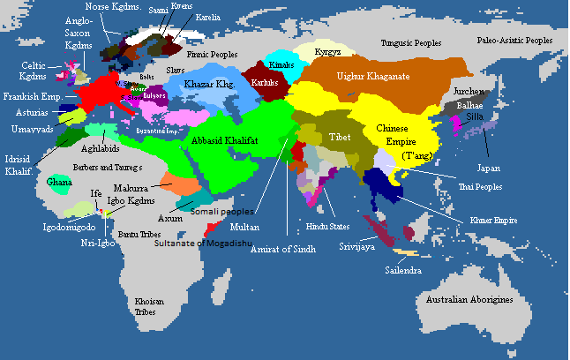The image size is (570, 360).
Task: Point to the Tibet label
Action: tap(340, 138)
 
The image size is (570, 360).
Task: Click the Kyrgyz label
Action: tap(328, 52)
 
